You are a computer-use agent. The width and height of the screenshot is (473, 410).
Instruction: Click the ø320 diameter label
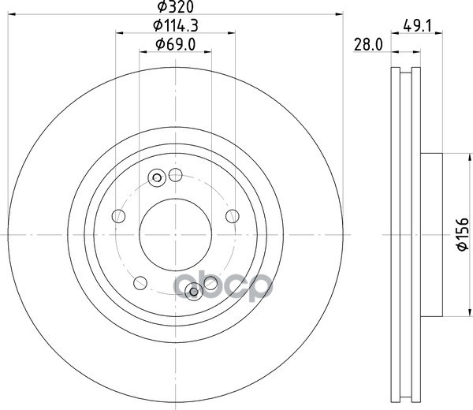(x=175, y=8)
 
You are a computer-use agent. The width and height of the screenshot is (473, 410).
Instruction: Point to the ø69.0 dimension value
(x=175, y=44)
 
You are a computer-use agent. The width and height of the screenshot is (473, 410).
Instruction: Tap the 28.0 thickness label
(x=367, y=46)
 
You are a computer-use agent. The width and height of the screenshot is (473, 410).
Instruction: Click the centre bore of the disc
(x=175, y=234)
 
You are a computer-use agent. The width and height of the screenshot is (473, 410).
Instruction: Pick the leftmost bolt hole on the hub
(x=119, y=215)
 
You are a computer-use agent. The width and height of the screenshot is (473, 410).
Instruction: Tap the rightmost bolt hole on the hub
(x=232, y=215)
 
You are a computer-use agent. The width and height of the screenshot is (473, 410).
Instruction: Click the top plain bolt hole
(x=175, y=175)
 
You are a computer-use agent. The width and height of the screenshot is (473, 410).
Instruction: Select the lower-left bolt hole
(x=140, y=281)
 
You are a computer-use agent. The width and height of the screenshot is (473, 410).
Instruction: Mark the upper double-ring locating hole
(x=157, y=177)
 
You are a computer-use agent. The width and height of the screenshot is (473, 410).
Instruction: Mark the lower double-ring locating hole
(x=193, y=293)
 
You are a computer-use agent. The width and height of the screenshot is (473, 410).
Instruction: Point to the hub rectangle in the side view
(x=433, y=234)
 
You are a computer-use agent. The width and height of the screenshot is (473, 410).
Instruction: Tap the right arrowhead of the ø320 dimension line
(x=341, y=13)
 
